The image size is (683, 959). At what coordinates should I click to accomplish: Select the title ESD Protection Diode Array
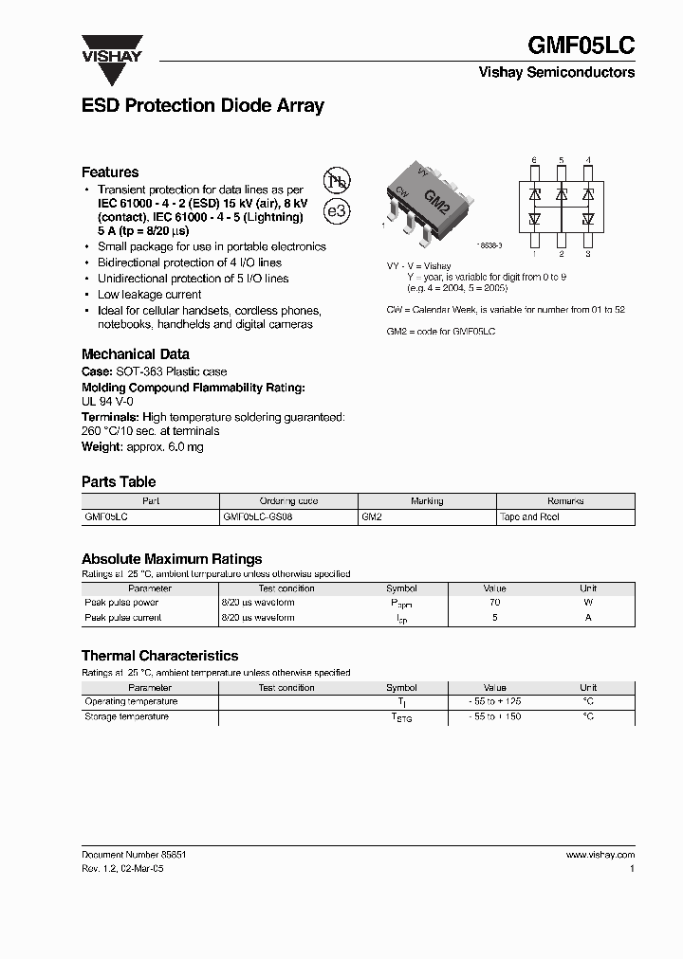coord(203,106)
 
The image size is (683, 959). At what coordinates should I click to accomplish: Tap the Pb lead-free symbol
coord(337,182)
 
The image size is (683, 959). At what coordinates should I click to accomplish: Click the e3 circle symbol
coord(337,212)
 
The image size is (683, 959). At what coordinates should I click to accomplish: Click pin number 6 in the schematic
coord(534,160)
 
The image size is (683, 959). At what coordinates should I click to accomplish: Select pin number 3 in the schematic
coord(588,254)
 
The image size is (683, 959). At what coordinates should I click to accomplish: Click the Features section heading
coord(110,172)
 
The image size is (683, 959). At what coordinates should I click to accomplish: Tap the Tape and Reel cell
coord(530,517)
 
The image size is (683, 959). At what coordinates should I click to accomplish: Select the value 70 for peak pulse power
coord(494,603)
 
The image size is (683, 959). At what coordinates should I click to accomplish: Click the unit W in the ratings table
coord(588,603)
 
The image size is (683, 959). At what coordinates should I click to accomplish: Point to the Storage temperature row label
coord(127,717)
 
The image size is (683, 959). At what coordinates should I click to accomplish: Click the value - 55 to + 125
coord(494,702)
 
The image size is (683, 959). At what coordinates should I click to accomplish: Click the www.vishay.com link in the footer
coord(600,855)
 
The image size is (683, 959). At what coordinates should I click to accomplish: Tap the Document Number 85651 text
coord(134,855)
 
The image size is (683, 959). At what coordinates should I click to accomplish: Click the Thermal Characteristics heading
coord(159,656)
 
